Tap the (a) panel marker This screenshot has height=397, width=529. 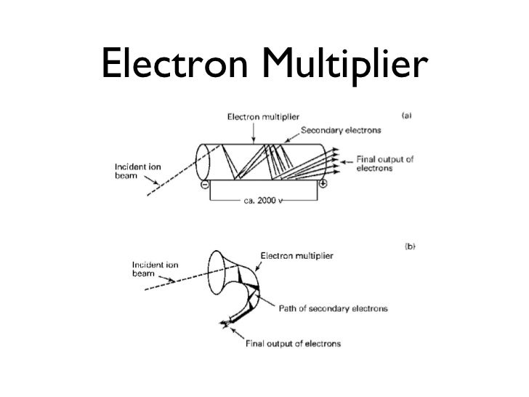click(x=408, y=115)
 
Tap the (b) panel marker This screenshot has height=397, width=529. click(x=409, y=246)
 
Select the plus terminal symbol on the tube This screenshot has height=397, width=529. click(x=322, y=185)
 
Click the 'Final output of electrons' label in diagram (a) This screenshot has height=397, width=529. click(x=384, y=163)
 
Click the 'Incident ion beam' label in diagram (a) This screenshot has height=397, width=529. click(x=137, y=172)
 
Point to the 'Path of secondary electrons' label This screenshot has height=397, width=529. click(x=333, y=308)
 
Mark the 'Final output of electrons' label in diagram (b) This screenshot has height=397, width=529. click(x=291, y=342)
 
